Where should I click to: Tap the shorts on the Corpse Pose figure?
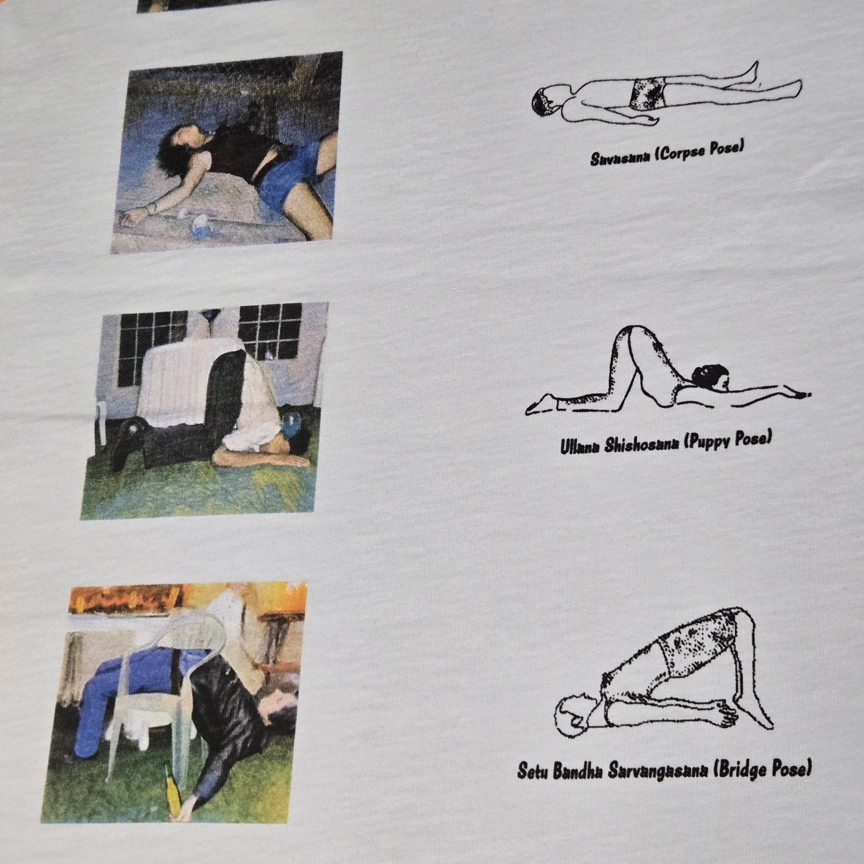(x=648, y=93)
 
